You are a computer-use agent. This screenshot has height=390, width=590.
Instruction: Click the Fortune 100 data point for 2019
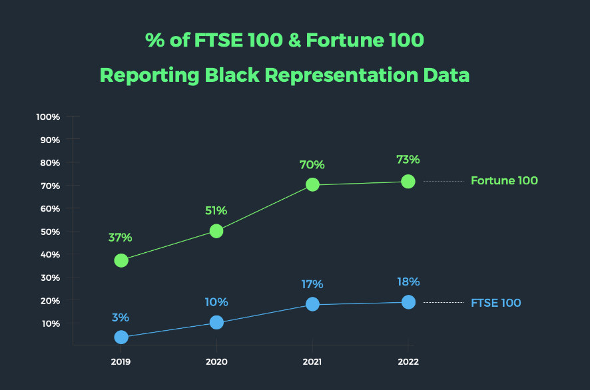pyautogui.click(x=121, y=260)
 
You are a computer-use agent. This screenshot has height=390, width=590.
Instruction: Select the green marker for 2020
pyautogui.click(x=216, y=231)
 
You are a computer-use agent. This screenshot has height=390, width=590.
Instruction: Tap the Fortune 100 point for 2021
pyautogui.click(x=312, y=185)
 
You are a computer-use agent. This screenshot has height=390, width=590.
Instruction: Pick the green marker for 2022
pyautogui.click(x=408, y=181)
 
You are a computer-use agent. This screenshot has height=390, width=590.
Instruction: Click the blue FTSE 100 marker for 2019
pyautogui.click(x=121, y=337)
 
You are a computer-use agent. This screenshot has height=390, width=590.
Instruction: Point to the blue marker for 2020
pyautogui.click(x=216, y=322)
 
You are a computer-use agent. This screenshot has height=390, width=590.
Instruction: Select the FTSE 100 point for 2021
pyautogui.click(x=312, y=304)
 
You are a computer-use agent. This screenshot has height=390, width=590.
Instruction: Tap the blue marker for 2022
pyautogui.click(x=408, y=302)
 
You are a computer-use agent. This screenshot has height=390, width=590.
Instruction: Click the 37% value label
pyautogui.click(x=121, y=237)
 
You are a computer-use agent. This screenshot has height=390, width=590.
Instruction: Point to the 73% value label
pyautogui.click(x=408, y=160)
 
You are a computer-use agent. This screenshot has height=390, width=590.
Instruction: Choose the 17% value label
pyautogui.click(x=312, y=284)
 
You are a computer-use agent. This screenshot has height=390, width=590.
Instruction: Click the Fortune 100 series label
pyautogui.click(x=504, y=181)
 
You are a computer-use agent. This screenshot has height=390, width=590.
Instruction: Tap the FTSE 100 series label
pyautogui.click(x=495, y=303)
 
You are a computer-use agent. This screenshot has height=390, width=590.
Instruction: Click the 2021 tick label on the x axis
pyautogui.click(x=312, y=362)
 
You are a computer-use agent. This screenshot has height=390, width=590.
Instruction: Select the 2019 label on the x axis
pyautogui.click(x=121, y=362)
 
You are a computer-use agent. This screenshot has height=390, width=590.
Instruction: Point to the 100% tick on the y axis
pyautogui.click(x=49, y=116)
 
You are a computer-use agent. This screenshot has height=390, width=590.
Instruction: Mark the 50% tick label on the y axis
pyautogui.click(x=50, y=232)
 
